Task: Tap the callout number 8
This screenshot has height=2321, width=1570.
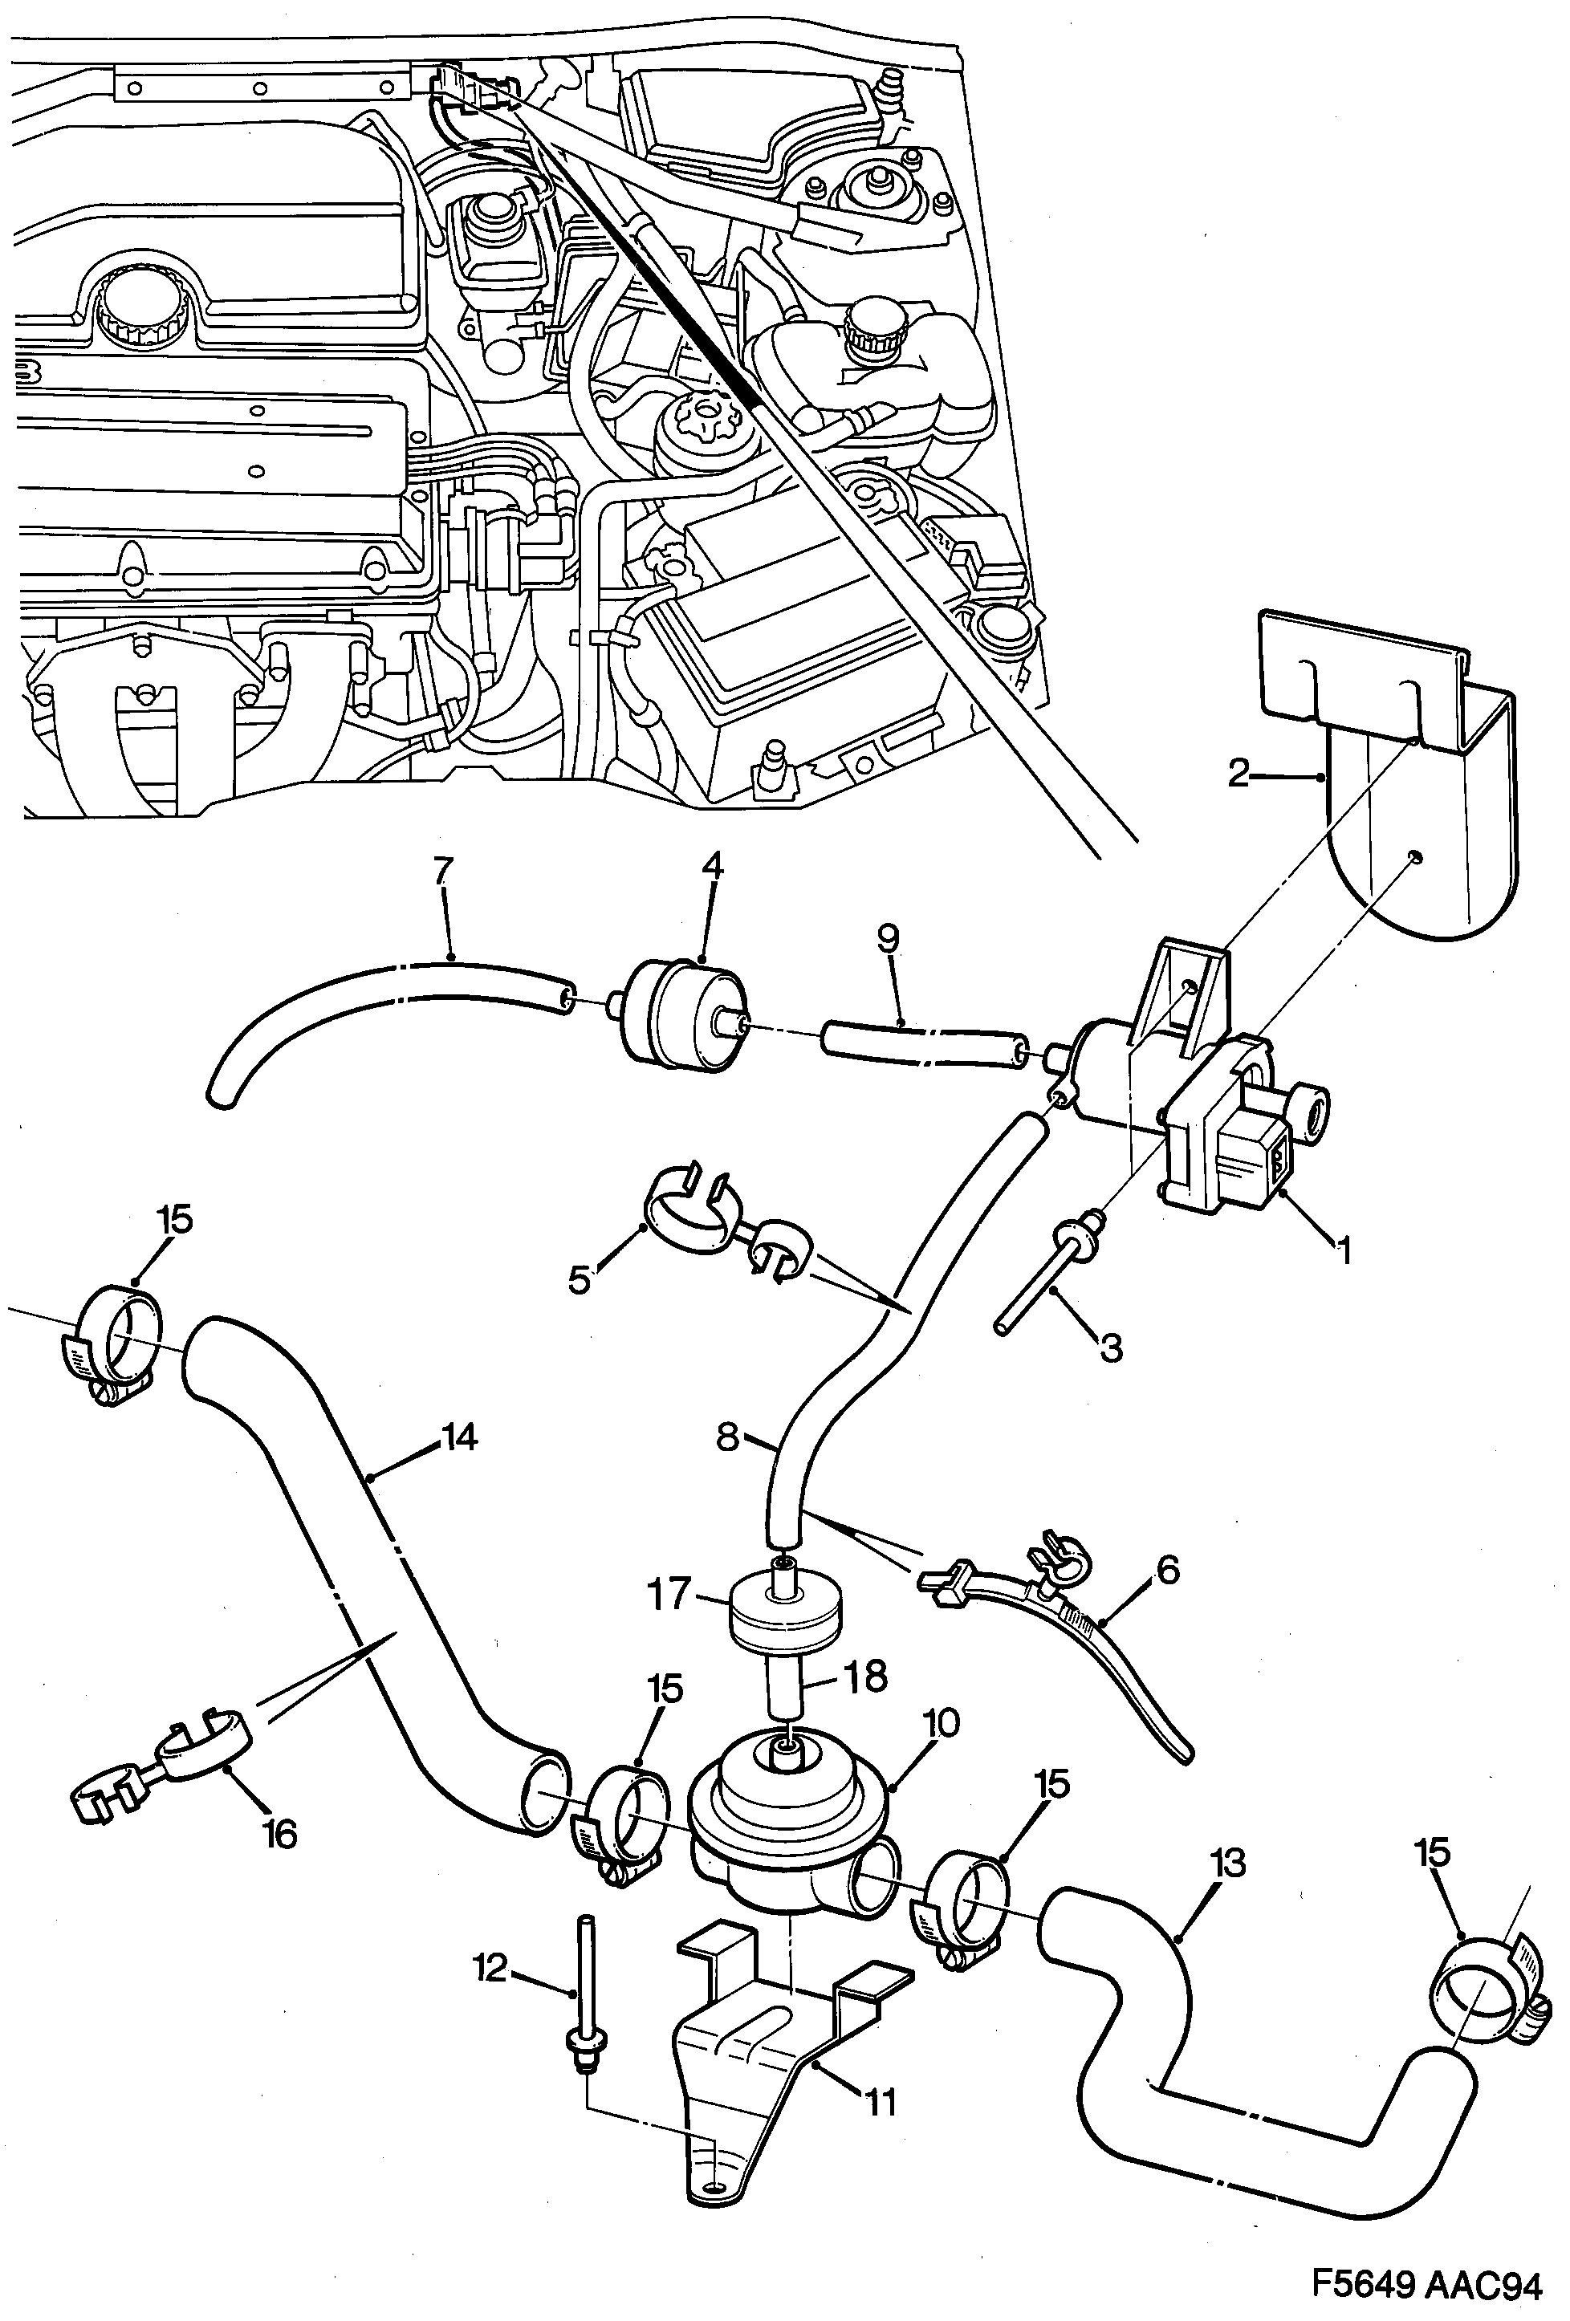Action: point(727,1438)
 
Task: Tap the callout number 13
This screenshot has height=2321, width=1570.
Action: point(1227,1864)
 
